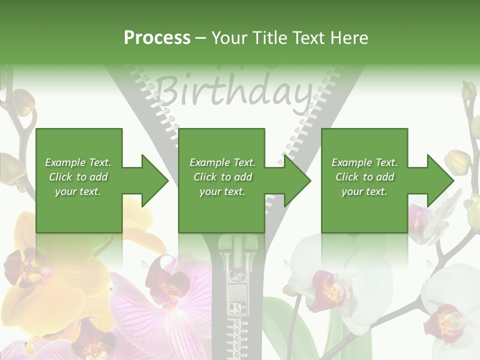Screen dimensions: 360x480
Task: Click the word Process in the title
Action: pos(157,37)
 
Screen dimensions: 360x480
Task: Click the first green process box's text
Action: pos(78,177)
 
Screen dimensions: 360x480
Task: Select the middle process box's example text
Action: pos(222,177)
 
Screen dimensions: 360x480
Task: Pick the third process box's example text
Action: pos(364,177)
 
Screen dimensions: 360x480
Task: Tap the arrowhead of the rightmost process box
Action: pos(440,180)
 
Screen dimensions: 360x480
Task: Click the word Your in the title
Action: pos(229,37)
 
